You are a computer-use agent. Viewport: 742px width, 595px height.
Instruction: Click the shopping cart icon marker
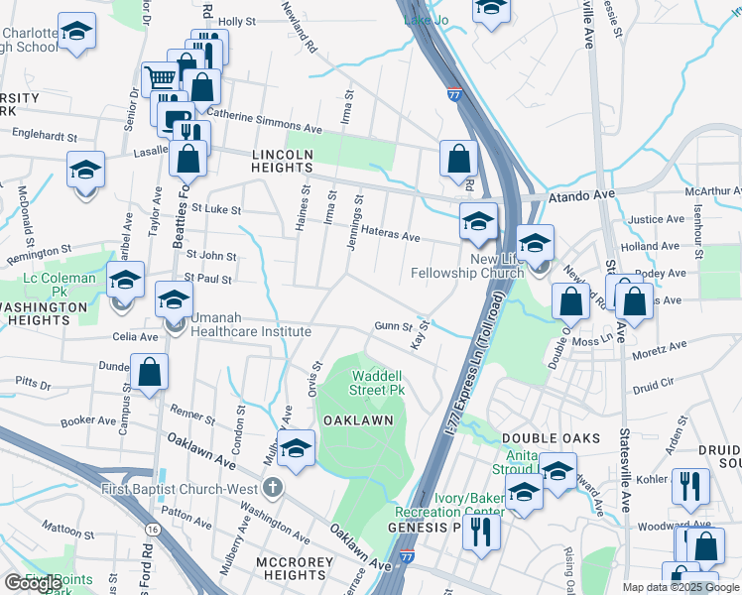159,78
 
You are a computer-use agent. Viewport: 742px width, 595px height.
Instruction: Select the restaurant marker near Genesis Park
482,532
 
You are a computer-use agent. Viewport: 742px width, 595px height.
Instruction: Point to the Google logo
32,583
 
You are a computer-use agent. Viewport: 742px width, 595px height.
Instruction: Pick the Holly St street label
237,21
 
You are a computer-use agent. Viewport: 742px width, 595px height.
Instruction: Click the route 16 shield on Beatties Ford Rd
152,531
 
